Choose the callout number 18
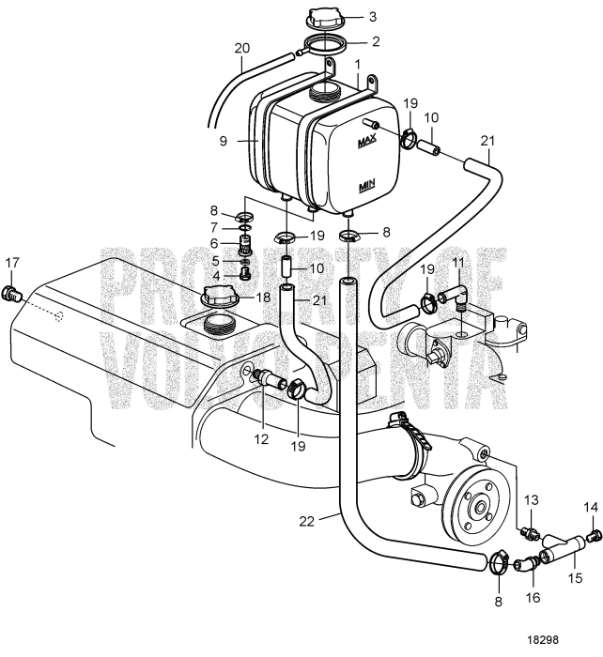pyautogui.click(x=264, y=297)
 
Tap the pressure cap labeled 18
pyautogui.click(x=222, y=299)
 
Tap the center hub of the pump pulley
pyautogui.click(x=479, y=509)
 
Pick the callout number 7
pyautogui.click(x=214, y=228)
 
